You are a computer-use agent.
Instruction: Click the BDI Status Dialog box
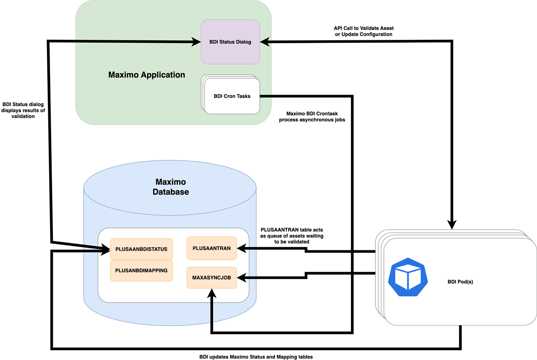pos(230,42)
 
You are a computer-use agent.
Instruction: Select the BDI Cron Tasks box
pos(231,96)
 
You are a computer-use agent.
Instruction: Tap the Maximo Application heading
pos(146,75)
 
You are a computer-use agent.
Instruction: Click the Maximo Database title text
pos(170,187)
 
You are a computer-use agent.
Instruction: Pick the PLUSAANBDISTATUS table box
pos(141,249)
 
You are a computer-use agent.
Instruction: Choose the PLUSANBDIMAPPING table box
pos(141,270)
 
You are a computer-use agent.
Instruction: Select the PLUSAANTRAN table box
pos(211,248)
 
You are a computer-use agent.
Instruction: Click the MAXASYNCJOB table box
pos(211,278)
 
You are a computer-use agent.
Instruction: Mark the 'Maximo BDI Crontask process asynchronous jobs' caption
pos(312,116)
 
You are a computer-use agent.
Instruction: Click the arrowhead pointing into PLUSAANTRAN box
pos(241,247)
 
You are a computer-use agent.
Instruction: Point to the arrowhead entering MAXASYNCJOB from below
pos(211,292)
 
